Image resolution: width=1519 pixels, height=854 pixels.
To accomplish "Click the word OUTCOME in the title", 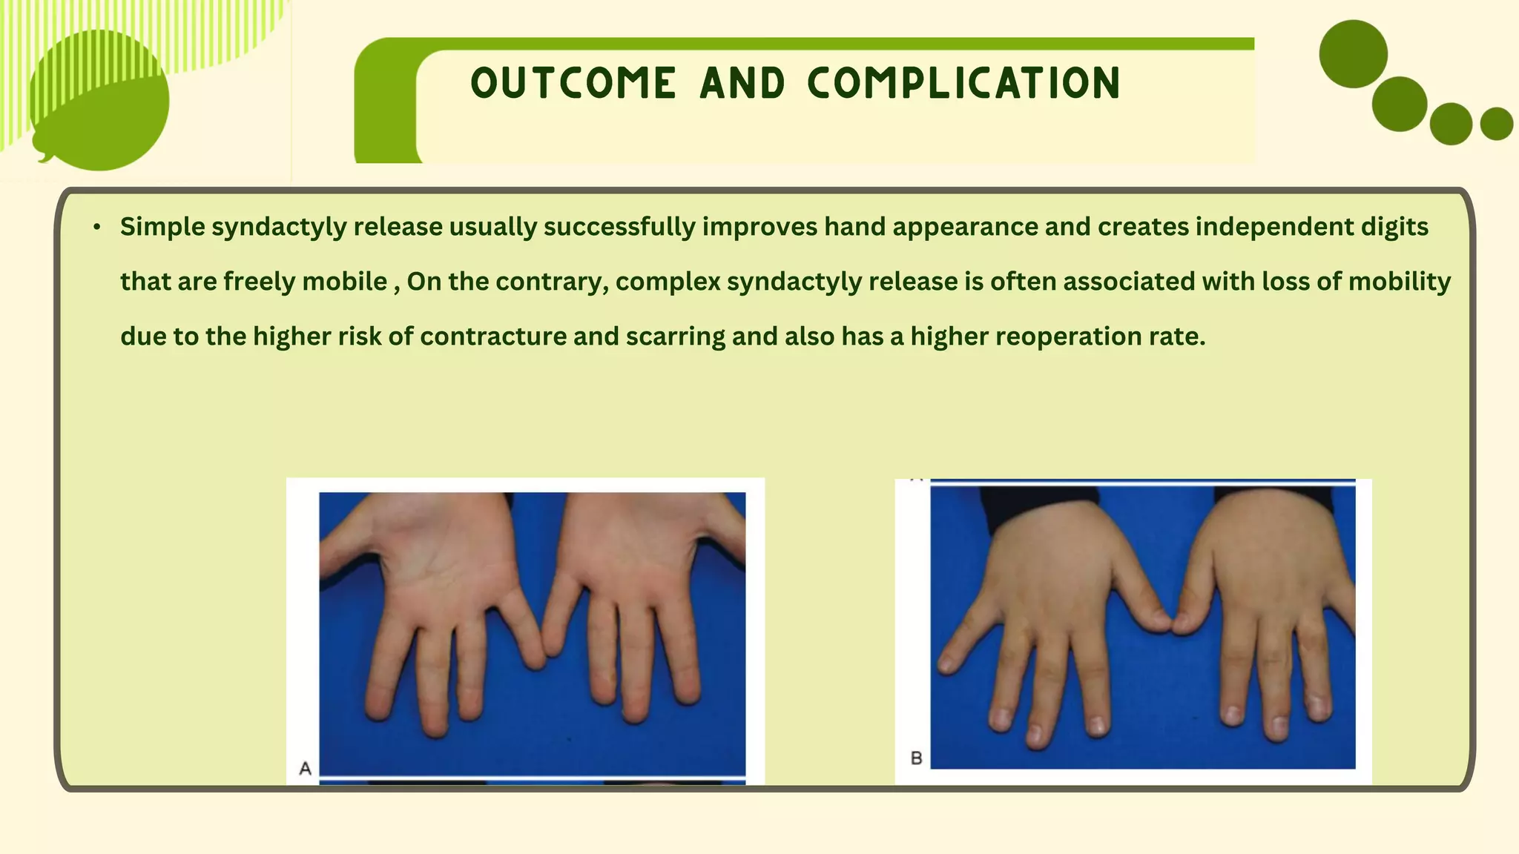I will pos(573,83).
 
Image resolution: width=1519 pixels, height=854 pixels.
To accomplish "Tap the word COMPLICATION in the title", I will pos(963,83).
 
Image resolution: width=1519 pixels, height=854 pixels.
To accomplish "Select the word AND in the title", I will pos(742,83).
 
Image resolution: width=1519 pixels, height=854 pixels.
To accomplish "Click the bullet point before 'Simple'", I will pos(97,227).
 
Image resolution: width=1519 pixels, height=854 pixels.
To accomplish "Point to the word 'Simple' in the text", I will pos(162,227).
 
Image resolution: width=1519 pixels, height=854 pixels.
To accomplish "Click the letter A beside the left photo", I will pos(305,769).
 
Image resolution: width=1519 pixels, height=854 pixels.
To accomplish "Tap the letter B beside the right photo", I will pos(916,758).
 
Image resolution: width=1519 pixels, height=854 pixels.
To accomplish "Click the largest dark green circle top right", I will pos(1353,54).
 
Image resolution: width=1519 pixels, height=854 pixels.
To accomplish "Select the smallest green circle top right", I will pos(1496,124).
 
